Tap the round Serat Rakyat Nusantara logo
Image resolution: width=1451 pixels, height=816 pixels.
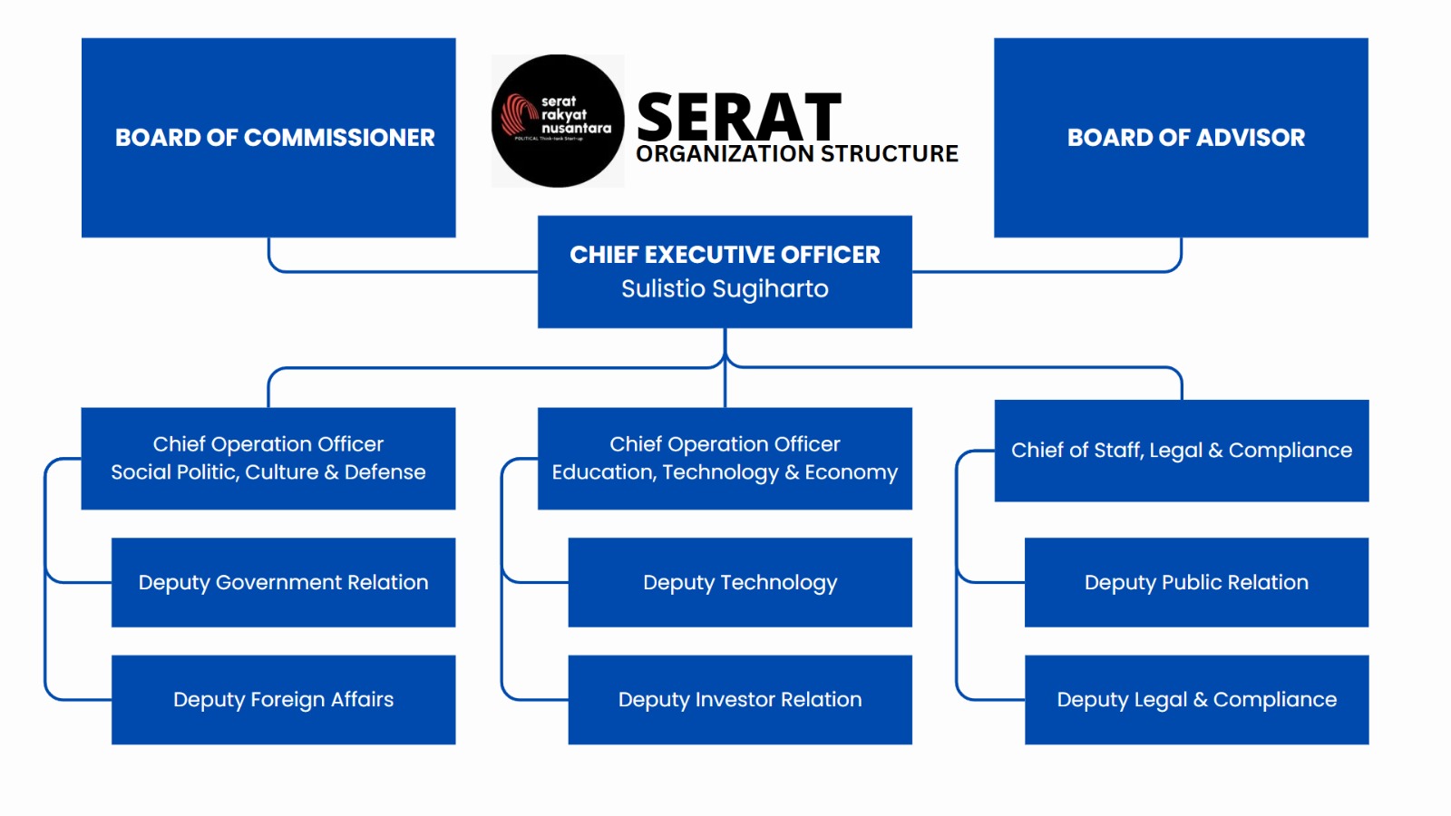tap(558, 121)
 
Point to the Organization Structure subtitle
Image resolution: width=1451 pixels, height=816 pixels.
tap(797, 154)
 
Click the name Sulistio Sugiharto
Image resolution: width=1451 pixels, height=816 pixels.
tap(725, 289)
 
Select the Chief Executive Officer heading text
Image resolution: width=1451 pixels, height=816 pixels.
tap(725, 255)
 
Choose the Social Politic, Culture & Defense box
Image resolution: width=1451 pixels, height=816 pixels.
tap(268, 458)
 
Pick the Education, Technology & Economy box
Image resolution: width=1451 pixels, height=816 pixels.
tap(725, 458)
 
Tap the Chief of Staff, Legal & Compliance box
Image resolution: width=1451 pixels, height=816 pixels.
tap(1182, 451)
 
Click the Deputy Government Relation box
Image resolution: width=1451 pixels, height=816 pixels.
tap(283, 582)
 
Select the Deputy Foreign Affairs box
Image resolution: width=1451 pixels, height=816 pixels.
tap(283, 700)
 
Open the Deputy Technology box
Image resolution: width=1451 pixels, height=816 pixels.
tap(740, 582)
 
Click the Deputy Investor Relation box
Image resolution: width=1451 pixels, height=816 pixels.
tap(740, 700)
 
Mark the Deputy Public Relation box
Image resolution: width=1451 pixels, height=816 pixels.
tap(1196, 582)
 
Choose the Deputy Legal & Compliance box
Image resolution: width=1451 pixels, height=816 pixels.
tap(1196, 700)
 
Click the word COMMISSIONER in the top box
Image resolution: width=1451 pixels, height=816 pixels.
tap(339, 138)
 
